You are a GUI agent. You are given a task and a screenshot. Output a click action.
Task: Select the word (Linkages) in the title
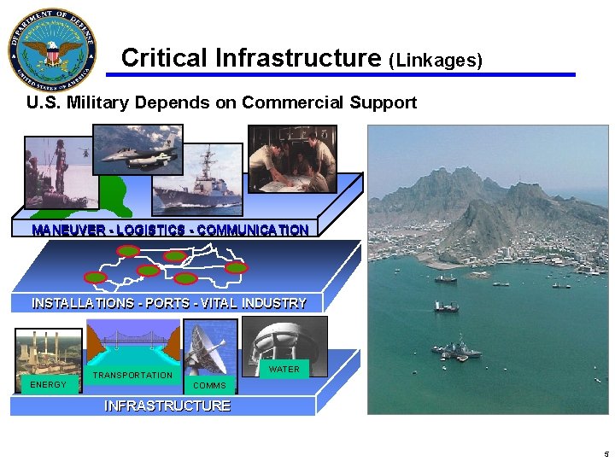[x=436, y=61]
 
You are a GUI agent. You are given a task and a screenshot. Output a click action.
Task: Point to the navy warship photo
[x=198, y=181]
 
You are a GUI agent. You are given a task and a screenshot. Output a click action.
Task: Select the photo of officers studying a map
[x=291, y=160]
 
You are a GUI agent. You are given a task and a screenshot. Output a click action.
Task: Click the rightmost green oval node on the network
[x=237, y=267]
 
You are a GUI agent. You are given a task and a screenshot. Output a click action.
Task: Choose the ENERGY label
[x=48, y=385]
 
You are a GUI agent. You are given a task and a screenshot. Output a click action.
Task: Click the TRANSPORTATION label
[x=132, y=375]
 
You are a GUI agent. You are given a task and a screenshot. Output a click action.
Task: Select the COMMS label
[x=209, y=386]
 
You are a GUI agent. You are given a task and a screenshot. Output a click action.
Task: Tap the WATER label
[x=284, y=370]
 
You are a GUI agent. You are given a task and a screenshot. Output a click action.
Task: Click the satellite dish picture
[x=208, y=348]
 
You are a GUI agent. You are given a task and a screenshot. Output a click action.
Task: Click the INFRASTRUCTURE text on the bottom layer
[x=167, y=406]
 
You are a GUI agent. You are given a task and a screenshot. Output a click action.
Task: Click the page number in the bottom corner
[x=606, y=454]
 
